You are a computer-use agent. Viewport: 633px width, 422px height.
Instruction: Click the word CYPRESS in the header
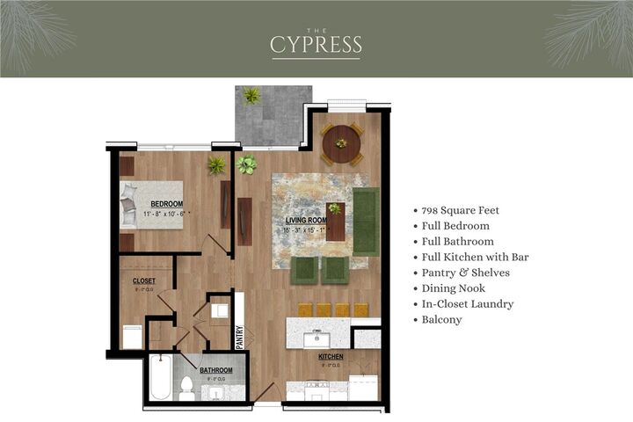(x=316, y=44)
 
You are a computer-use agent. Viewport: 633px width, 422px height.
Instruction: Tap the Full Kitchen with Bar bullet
(x=476, y=258)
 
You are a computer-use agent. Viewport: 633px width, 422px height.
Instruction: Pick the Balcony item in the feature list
(x=442, y=320)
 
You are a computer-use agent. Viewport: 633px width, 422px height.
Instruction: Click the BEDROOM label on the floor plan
(x=166, y=204)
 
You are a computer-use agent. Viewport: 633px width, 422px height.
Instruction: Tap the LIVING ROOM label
(x=306, y=221)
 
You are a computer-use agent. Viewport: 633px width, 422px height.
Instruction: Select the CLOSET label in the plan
(x=144, y=281)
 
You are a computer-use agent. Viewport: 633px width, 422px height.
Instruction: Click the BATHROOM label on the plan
(x=216, y=370)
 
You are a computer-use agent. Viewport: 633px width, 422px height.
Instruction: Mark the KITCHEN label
(x=331, y=357)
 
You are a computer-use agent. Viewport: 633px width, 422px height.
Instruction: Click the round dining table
(x=341, y=144)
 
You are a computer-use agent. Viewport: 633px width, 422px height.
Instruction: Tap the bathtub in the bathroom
(x=159, y=378)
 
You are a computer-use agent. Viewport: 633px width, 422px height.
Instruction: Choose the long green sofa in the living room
(x=365, y=222)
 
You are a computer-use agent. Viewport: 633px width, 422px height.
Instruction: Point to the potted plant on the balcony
(x=251, y=96)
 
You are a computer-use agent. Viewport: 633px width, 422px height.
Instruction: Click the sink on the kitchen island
(x=315, y=338)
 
